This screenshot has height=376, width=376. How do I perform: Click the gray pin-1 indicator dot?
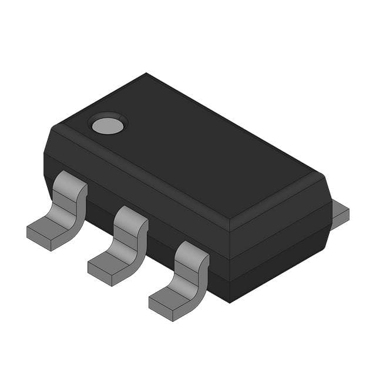click(108, 124)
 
